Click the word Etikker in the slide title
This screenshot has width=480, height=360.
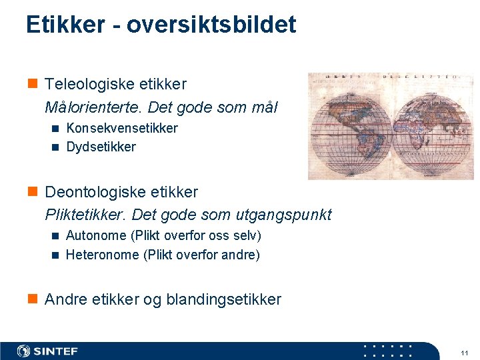[x=65, y=25]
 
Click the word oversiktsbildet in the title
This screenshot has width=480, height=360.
[x=211, y=25]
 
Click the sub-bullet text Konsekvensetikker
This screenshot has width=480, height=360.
[x=122, y=128]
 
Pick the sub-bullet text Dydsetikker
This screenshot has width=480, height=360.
[x=101, y=147]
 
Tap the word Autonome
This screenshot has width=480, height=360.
[x=95, y=236]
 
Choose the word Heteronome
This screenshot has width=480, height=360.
[x=102, y=255]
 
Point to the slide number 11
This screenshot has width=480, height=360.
[x=464, y=352]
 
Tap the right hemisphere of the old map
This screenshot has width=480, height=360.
[x=433, y=127]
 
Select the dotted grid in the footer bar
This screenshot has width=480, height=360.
[x=387, y=351]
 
